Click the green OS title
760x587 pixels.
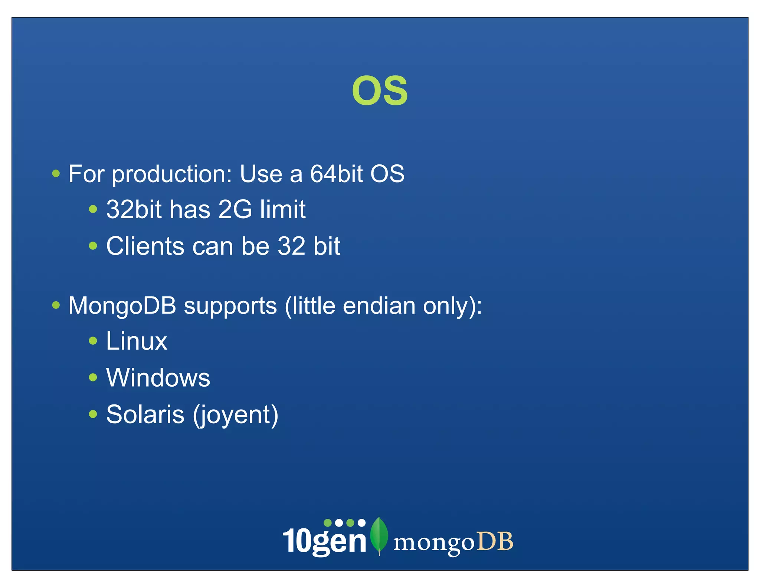coord(380,91)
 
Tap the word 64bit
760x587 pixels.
coord(336,174)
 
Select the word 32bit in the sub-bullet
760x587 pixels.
coord(134,210)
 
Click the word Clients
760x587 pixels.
coord(145,246)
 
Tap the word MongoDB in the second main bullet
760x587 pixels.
coord(122,306)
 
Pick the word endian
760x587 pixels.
coord(379,306)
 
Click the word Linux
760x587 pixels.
coord(137,341)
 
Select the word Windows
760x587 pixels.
coord(158,378)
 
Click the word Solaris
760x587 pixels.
coord(145,414)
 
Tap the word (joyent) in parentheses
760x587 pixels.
coord(236,416)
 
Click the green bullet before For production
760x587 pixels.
coord(56,173)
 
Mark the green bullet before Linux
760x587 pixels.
coord(93,341)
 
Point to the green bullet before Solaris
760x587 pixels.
coord(93,414)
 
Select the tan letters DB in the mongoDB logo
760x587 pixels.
coord(495,542)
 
